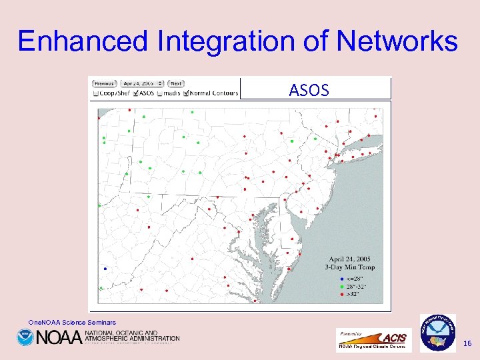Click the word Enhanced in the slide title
(x=84, y=41)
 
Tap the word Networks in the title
(x=397, y=41)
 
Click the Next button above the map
(x=176, y=83)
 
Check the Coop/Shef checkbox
(x=96, y=93)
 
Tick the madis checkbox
(x=159, y=93)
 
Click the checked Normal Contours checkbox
(x=186, y=93)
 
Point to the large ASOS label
(x=309, y=90)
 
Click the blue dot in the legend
(x=342, y=278)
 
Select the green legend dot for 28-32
(x=342, y=285)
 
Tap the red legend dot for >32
(x=342, y=293)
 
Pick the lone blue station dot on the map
(x=105, y=269)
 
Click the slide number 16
(x=467, y=343)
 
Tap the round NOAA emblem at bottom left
(x=25, y=337)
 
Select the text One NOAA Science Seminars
(x=72, y=323)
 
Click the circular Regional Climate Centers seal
(x=437, y=332)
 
